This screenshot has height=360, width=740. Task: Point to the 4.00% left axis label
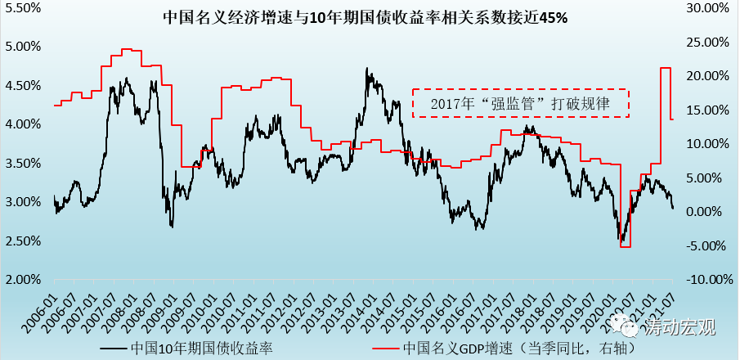pyautogui.click(x=24, y=124)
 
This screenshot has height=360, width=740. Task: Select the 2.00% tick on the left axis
pyautogui.click(x=24, y=280)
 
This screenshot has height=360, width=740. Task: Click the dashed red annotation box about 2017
pyautogui.click(x=520, y=103)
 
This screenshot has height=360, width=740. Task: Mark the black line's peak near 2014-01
pyautogui.click(x=367, y=69)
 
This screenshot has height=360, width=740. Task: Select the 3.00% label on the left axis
pyautogui.click(x=24, y=202)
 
